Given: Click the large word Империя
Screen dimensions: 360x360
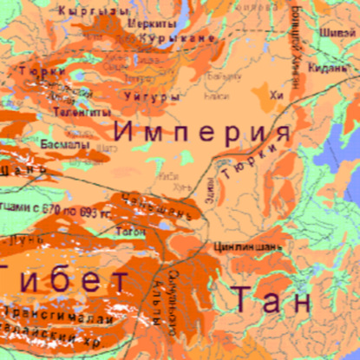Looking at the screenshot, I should click(202, 133).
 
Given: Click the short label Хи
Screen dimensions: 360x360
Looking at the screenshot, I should click(278, 95).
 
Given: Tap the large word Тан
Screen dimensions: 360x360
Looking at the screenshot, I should click(271, 299).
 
